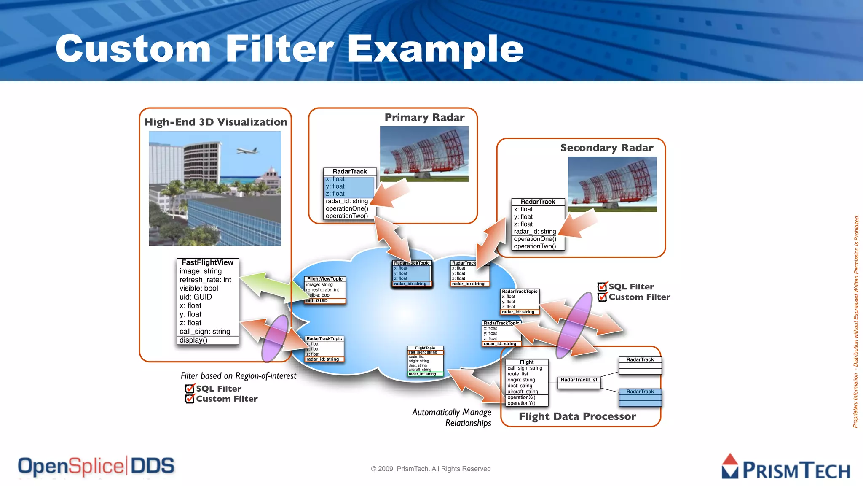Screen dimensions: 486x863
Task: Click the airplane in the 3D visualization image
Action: coord(247,151)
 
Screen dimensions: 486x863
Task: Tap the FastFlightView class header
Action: coord(207,262)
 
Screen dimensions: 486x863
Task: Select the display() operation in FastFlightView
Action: coord(193,340)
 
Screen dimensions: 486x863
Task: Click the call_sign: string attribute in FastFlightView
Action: coord(205,332)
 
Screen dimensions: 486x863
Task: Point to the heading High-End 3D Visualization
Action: coord(215,122)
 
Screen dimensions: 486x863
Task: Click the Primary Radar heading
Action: coord(424,117)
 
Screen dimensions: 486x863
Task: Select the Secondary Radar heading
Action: coord(606,148)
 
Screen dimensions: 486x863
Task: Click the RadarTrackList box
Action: coord(579,380)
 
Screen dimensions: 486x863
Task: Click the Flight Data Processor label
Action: coord(577,416)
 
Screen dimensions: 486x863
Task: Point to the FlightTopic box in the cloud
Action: coord(425,361)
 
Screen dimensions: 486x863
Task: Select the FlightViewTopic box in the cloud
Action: coord(325,289)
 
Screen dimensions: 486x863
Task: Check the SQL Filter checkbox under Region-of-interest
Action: coord(190,389)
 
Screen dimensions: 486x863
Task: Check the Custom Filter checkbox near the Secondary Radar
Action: coord(603,297)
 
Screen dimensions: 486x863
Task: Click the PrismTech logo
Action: coord(785,467)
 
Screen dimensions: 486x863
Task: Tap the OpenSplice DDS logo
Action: coord(96,466)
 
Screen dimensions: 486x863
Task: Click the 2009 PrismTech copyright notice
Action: coord(431,469)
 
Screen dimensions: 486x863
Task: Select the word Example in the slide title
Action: coord(435,49)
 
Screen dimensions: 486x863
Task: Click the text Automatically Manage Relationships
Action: coord(452,417)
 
